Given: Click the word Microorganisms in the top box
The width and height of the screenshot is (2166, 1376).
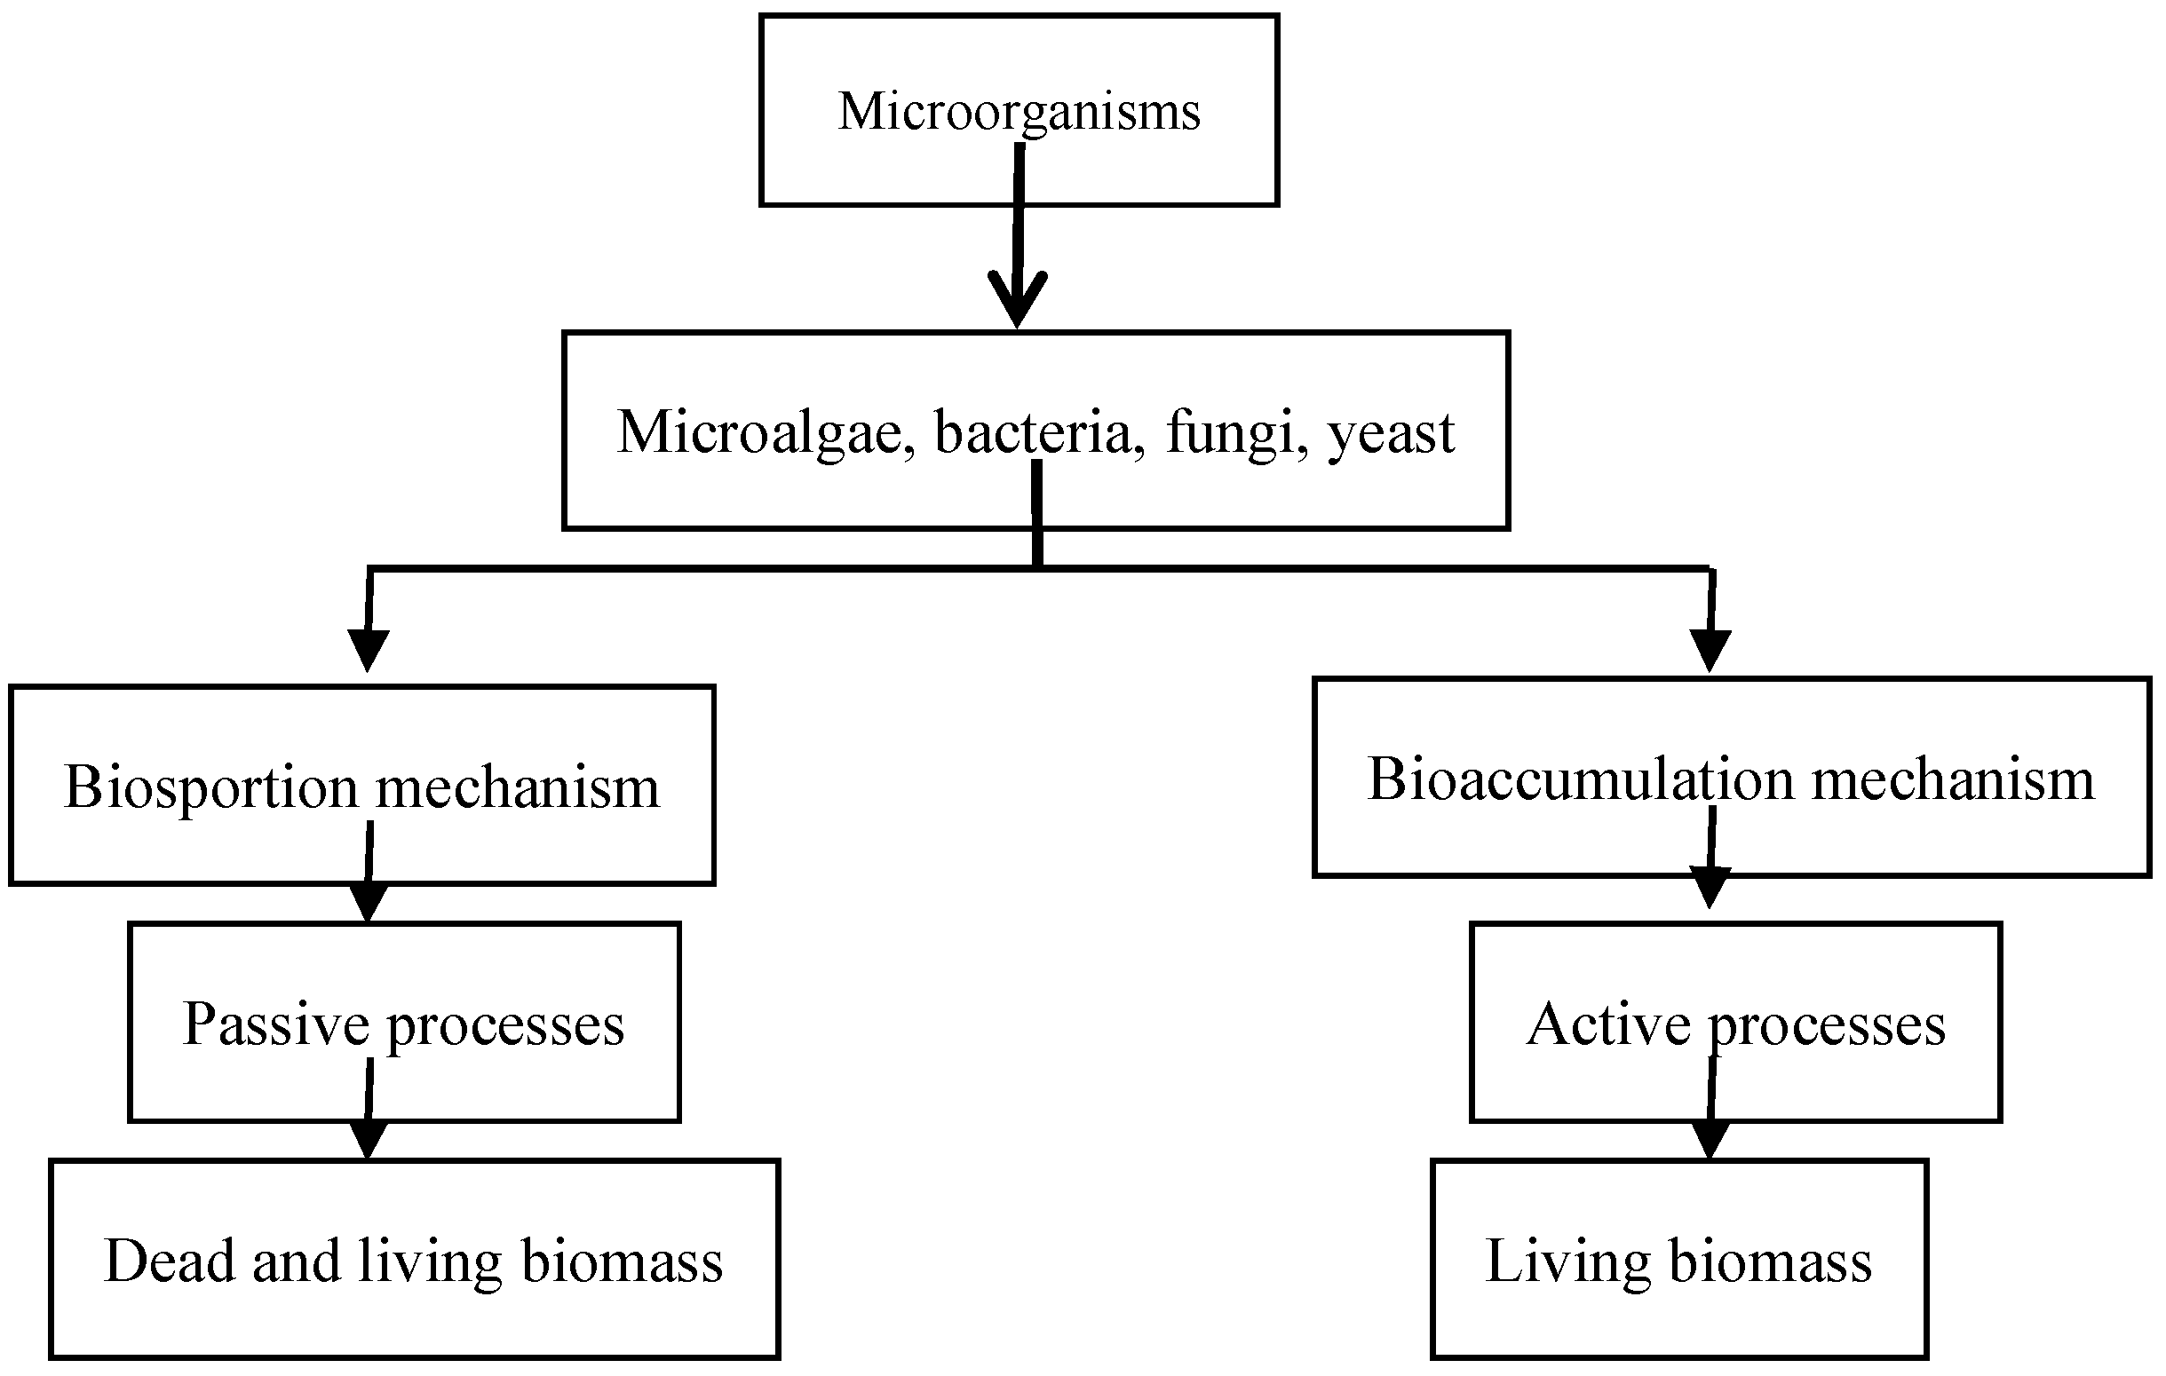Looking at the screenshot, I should pyautogui.click(x=1019, y=113).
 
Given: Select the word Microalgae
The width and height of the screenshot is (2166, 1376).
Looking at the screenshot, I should pyautogui.click(x=758, y=432).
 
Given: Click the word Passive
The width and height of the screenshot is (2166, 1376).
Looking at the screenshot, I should pyautogui.click(x=275, y=1025).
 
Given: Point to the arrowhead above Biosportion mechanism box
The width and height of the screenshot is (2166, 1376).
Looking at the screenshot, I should pyautogui.click(x=368, y=649).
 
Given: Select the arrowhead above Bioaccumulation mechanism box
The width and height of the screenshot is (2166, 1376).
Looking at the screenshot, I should pyautogui.click(x=1710, y=649).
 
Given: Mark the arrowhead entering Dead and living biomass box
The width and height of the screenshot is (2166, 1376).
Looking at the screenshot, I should pyautogui.click(x=367, y=1141).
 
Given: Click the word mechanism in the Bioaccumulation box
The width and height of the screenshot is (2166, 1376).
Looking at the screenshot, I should pyautogui.click(x=1952, y=779).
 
